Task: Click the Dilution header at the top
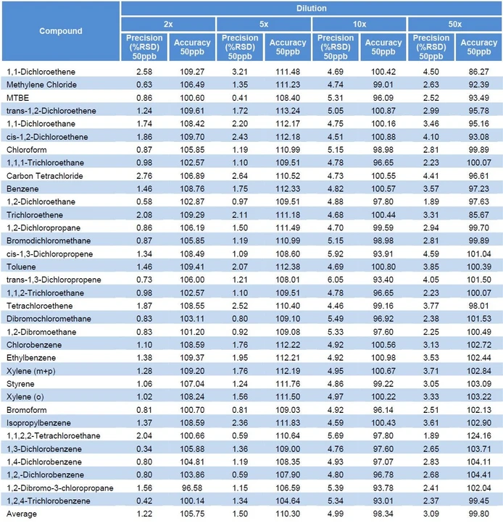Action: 311,9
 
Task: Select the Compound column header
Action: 60,31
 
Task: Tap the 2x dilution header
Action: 168,24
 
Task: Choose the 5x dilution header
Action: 264,24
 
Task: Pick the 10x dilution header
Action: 359,24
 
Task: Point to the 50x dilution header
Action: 455,24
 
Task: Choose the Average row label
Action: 22,514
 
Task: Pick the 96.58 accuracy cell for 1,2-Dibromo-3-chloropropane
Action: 191,488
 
